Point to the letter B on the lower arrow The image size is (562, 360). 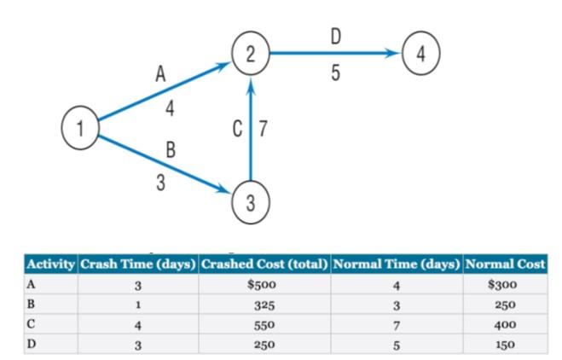click(x=170, y=152)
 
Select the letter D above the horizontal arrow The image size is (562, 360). click(x=335, y=37)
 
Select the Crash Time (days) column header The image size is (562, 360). click(x=137, y=264)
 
